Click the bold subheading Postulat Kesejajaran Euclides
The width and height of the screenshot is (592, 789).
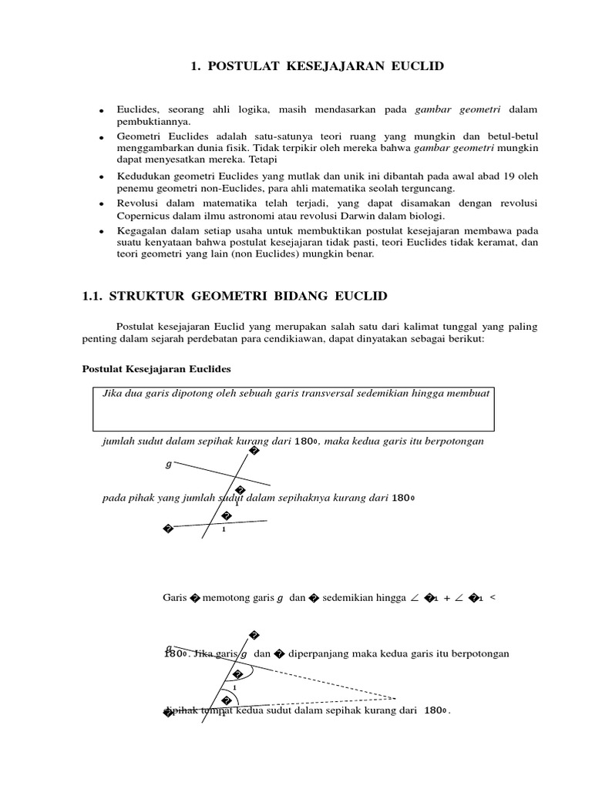[156, 369]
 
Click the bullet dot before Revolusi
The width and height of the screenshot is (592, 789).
[101, 205]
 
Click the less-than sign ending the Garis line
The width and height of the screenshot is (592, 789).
[493, 597]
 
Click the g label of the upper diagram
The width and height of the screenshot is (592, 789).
[169, 465]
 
